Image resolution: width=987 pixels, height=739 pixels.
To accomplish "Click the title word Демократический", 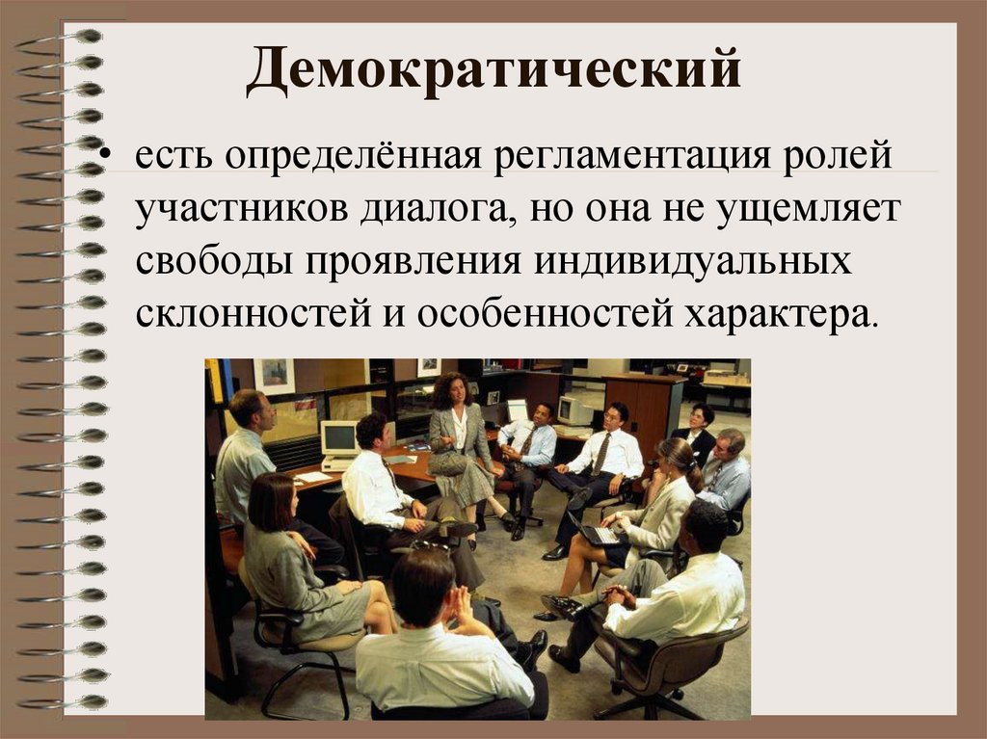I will [493, 74].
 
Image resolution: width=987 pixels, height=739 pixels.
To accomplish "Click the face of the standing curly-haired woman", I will [455, 391].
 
